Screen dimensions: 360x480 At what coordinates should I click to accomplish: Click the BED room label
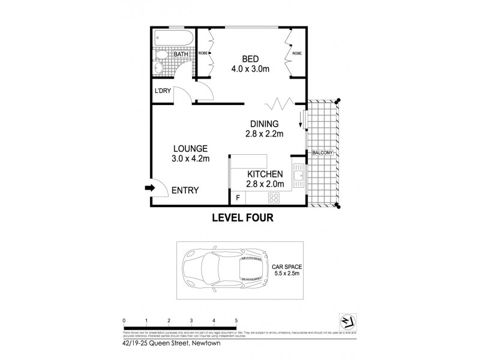[250, 59]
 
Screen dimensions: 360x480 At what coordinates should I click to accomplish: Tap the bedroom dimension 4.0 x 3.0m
[250, 70]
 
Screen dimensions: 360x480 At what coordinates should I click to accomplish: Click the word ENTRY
[185, 190]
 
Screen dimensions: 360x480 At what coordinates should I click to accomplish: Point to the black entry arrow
[149, 188]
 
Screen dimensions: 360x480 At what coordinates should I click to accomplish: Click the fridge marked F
[238, 197]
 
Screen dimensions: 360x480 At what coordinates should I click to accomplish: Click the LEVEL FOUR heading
[243, 218]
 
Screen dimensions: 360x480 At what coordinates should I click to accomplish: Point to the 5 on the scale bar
[236, 321]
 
